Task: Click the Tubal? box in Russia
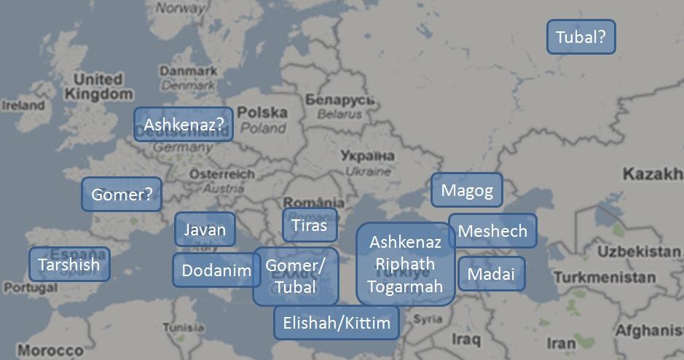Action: tap(581, 36)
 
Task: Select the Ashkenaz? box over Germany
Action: tap(183, 125)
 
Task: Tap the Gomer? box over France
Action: tap(121, 195)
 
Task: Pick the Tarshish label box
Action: tap(68, 264)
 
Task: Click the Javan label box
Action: tap(205, 230)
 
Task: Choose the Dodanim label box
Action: tap(216, 270)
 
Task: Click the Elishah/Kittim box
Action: tap(336, 322)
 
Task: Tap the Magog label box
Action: tap(467, 191)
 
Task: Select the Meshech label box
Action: tap(492, 231)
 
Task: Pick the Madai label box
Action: tap(491, 274)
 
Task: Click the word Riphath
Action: tap(405, 264)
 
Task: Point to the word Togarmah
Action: tap(405, 286)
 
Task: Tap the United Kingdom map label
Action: tap(98, 87)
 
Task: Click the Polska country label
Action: tap(262, 113)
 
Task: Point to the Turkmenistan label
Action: tap(604, 278)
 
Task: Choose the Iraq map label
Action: tap(465, 339)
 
